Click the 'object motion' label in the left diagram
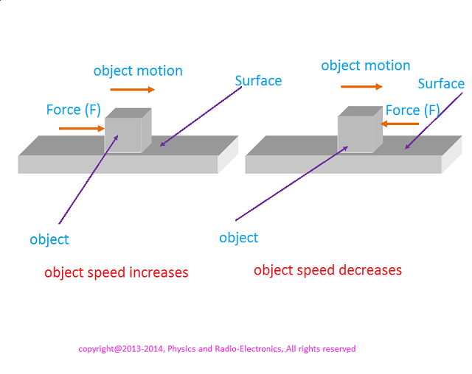[x=138, y=71]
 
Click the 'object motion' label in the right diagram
[x=366, y=66]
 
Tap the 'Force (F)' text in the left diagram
[x=74, y=110]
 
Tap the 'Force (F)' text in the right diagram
[x=412, y=110]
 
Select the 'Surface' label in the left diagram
[x=258, y=80]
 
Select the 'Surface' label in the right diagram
[x=441, y=84]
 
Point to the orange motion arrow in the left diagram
[x=133, y=90]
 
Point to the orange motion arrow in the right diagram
[x=361, y=87]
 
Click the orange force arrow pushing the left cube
[x=81, y=129]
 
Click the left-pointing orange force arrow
[x=401, y=124]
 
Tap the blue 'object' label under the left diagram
[x=49, y=239]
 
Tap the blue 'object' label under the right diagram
[x=239, y=238]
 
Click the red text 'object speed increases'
[x=117, y=273]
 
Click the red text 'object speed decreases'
[x=328, y=270]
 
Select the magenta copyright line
[x=217, y=349]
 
